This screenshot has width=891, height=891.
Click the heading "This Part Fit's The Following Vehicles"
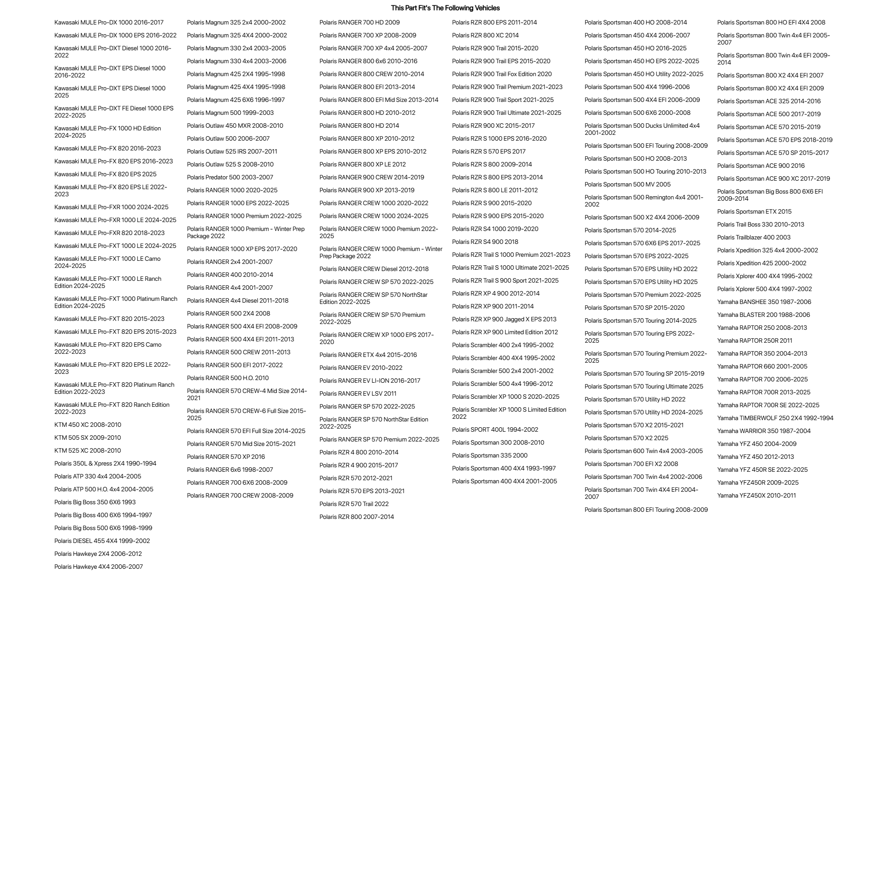(445, 8)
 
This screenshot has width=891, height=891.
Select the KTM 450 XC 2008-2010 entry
(88, 425)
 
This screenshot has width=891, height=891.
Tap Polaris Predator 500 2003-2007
(230, 177)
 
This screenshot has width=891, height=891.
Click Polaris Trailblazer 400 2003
(753, 238)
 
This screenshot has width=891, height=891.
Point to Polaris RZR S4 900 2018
(485, 242)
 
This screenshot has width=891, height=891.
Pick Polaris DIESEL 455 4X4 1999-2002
(102, 541)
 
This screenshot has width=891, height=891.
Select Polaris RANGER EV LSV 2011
(357, 393)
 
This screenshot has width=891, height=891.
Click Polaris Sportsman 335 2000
(489, 455)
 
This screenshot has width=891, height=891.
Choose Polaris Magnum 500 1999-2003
(230, 113)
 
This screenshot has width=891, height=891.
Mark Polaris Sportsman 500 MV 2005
(627, 184)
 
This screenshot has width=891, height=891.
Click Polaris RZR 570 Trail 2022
(354, 504)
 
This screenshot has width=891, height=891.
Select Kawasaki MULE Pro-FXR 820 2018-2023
(109, 233)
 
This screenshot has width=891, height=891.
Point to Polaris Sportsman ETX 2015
(754, 212)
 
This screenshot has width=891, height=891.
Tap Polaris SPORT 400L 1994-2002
(495, 429)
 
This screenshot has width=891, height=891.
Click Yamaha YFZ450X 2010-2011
(756, 495)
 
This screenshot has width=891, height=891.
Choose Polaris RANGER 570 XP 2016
(226, 457)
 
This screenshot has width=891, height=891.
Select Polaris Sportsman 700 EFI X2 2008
(631, 464)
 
